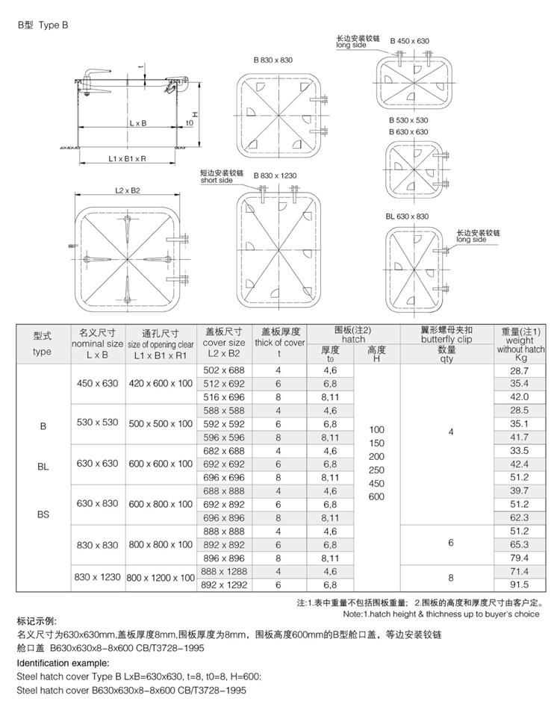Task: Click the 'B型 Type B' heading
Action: pyautogui.click(x=43, y=24)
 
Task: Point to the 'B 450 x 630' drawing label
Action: pyautogui.click(x=409, y=42)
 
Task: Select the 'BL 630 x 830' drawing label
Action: pyautogui.click(x=407, y=217)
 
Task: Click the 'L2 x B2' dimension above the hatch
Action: pyautogui.click(x=128, y=191)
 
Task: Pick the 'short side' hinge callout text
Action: pyautogui.click(x=217, y=181)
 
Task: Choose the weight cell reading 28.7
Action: pyautogui.click(x=518, y=370)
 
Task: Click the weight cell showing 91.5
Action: pyautogui.click(x=518, y=585)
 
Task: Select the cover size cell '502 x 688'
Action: pyautogui.click(x=223, y=370)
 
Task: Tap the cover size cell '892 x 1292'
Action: pyautogui.click(x=223, y=585)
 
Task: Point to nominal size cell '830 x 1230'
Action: pyautogui.click(x=97, y=577)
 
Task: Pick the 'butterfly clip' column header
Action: pyautogui.click(x=447, y=339)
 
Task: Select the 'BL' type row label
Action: pyautogui.click(x=43, y=466)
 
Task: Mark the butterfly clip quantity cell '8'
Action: pyautogui.click(x=450, y=577)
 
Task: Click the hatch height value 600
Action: pyautogui.click(x=376, y=496)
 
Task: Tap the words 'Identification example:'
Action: pyautogui.click(x=63, y=662)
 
